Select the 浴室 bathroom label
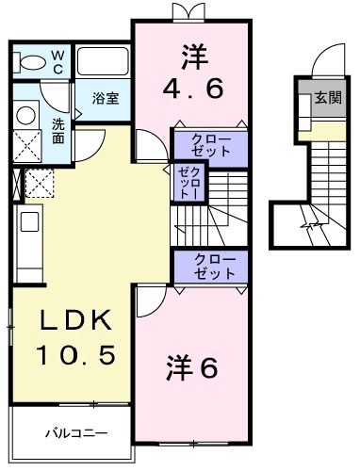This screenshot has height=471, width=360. (x=105, y=97)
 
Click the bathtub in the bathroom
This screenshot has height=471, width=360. (x=102, y=63)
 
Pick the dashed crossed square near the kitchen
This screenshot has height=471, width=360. (x=40, y=182)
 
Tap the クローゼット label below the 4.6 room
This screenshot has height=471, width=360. (x=209, y=146)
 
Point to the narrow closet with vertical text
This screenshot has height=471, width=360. (x=184, y=181)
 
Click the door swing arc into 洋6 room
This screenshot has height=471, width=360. (x=148, y=303)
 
